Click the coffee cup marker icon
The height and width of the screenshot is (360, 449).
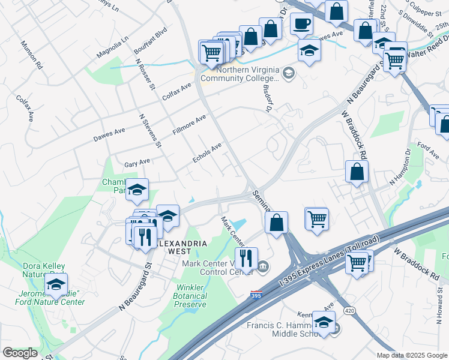301,23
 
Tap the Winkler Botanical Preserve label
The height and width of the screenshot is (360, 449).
190,296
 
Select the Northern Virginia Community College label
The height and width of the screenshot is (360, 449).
240,73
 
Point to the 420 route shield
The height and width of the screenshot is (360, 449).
349,310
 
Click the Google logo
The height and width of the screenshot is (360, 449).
20,352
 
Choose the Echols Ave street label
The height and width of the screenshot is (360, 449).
207,152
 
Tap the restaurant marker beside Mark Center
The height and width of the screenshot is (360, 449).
246,259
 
